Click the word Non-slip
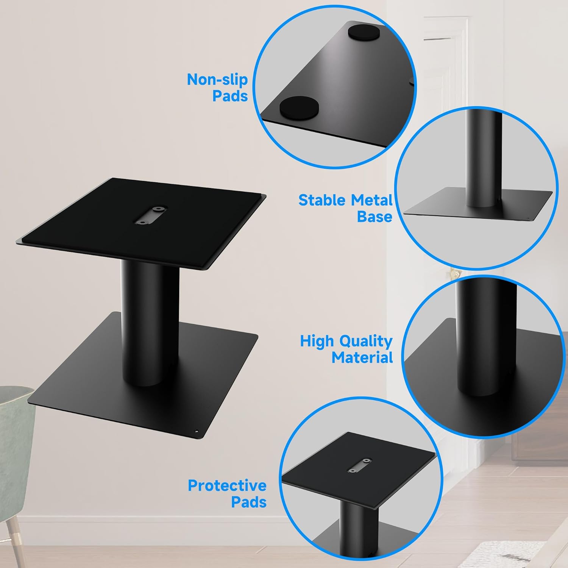click(x=217, y=79)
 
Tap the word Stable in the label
click(x=322, y=200)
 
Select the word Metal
click(x=371, y=200)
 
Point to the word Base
click(x=375, y=217)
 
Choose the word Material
click(x=362, y=357)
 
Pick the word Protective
click(x=227, y=485)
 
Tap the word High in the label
click(x=317, y=341)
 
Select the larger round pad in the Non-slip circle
click(x=298, y=107)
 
